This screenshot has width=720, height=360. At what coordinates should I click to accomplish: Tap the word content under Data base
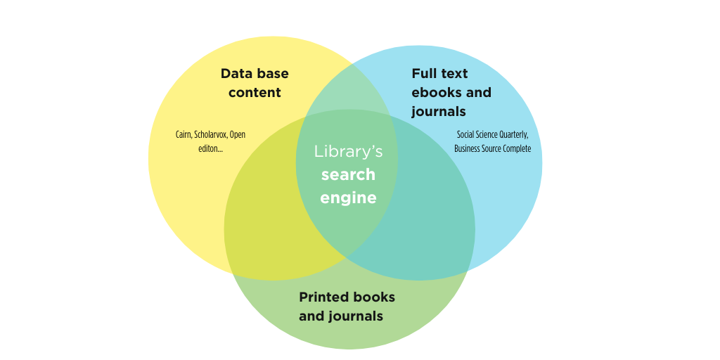pyautogui.click(x=255, y=92)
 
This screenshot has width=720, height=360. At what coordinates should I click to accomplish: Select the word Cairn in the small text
pyautogui.click(x=184, y=134)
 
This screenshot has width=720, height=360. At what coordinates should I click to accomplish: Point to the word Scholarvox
pyautogui.click(x=211, y=134)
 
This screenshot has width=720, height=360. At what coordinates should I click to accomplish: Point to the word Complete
pyautogui.click(x=517, y=149)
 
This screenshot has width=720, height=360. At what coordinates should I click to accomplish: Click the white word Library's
pyautogui.click(x=349, y=152)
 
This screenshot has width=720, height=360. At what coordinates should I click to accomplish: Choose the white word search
pyautogui.click(x=348, y=174)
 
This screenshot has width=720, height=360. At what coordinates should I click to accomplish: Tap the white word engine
pyautogui.click(x=348, y=198)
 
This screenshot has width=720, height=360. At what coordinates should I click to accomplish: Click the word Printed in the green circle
pyautogui.click(x=323, y=297)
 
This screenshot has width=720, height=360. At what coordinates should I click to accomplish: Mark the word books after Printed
pyautogui.click(x=373, y=297)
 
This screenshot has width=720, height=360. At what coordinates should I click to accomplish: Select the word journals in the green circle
pyautogui.click(x=356, y=316)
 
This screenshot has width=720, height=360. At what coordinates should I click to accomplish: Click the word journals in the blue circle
pyautogui.click(x=439, y=112)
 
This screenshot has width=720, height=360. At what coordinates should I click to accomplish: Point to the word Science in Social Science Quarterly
pyautogui.click(x=484, y=135)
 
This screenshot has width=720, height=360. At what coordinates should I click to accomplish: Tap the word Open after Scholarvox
pyautogui.click(x=238, y=135)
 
